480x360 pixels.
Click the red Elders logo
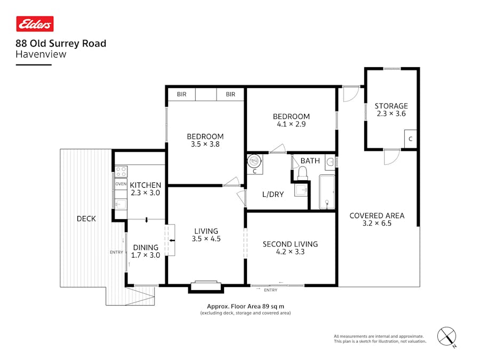(x=35, y=24)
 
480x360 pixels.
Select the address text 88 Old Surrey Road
(x=61, y=44)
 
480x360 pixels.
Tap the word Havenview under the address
(x=41, y=54)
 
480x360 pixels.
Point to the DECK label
(x=86, y=219)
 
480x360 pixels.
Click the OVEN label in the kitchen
(x=120, y=184)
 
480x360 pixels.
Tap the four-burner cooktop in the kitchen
(x=121, y=172)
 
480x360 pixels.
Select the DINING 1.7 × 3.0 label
(x=146, y=251)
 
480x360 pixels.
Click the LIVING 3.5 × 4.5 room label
(x=206, y=235)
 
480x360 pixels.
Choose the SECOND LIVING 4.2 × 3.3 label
(x=290, y=248)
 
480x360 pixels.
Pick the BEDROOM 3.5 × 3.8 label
(x=205, y=140)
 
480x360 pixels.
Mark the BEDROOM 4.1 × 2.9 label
(x=291, y=120)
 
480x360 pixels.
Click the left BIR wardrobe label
(x=182, y=94)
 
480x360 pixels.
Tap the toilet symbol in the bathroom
(x=303, y=172)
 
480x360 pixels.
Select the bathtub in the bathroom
(x=326, y=192)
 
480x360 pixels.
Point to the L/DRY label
(x=273, y=194)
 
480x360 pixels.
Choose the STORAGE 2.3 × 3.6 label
(x=391, y=109)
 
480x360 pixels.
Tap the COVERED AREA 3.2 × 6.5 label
(x=377, y=219)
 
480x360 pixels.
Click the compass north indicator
(x=447, y=336)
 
